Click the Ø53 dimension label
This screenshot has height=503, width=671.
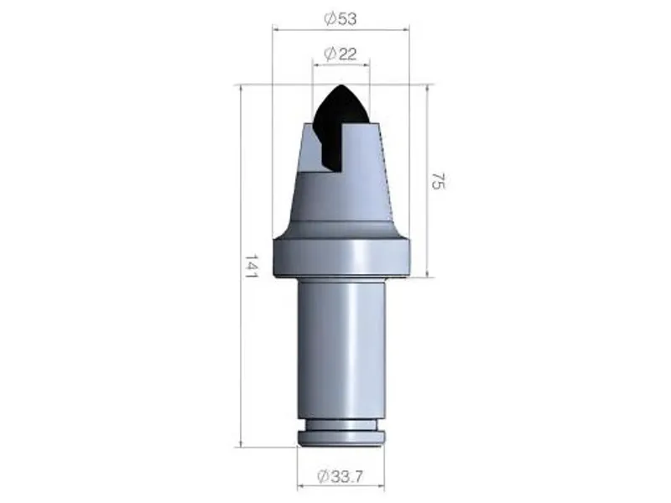click(341, 18)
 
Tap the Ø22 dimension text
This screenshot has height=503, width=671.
click(341, 54)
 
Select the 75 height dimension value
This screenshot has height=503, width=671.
click(437, 180)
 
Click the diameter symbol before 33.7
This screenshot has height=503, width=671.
click(323, 476)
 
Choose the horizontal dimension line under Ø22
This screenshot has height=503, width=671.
click(341, 65)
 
